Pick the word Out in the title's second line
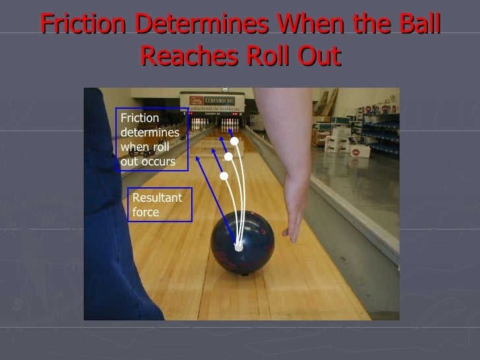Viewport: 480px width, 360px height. pos(318,57)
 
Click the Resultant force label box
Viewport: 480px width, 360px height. pos(158,204)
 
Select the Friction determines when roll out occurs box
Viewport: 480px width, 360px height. pos(151,140)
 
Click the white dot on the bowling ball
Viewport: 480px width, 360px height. pos(239,248)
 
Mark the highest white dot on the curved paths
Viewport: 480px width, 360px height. pos(234,141)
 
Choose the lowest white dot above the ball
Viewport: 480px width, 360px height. pos(224,177)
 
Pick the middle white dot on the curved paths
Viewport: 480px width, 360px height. pos(229,157)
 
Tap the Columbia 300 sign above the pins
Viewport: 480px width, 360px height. pos(214,103)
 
